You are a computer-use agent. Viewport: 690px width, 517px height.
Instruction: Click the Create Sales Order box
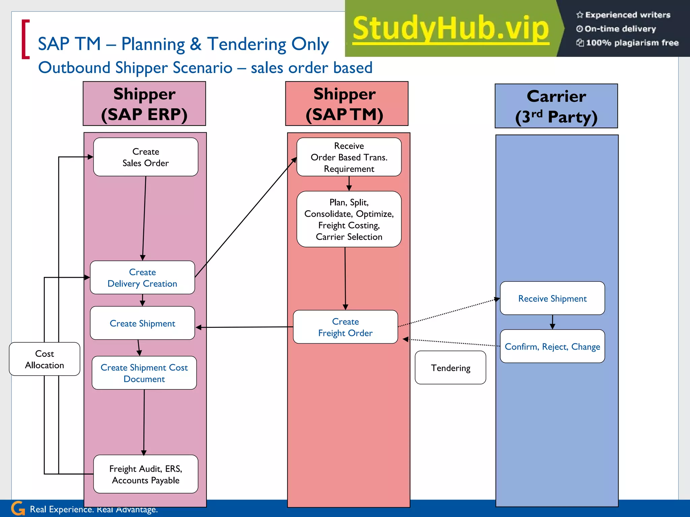[146, 157]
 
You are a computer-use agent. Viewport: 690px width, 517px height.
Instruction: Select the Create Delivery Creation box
[142, 278]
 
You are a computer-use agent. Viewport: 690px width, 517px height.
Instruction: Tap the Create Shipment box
[142, 323]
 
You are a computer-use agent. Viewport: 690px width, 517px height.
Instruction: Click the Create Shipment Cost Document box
[144, 373]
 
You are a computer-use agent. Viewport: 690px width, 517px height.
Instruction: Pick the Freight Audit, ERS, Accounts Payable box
[146, 474]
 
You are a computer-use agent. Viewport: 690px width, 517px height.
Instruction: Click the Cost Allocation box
[44, 359]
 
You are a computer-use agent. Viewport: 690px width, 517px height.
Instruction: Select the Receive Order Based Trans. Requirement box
[349, 157]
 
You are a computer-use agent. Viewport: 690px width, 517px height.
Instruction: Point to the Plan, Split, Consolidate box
[349, 219]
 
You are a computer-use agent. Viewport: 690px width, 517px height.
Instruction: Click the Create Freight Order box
[345, 327]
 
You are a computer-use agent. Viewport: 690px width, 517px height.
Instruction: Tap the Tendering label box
[450, 368]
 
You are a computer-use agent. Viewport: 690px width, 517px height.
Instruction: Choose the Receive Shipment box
[552, 298]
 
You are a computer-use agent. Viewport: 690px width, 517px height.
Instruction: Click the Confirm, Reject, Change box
[552, 346]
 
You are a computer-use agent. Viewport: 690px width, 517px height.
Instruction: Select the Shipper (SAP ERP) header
[144, 104]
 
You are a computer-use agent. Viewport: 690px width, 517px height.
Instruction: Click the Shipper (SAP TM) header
[347, 104]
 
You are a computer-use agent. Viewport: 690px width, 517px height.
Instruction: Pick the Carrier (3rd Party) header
[556, 106]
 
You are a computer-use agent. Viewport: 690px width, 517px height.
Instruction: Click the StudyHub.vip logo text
[450, 29]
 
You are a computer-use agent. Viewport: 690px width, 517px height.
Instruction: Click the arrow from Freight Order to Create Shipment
[244, 327]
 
